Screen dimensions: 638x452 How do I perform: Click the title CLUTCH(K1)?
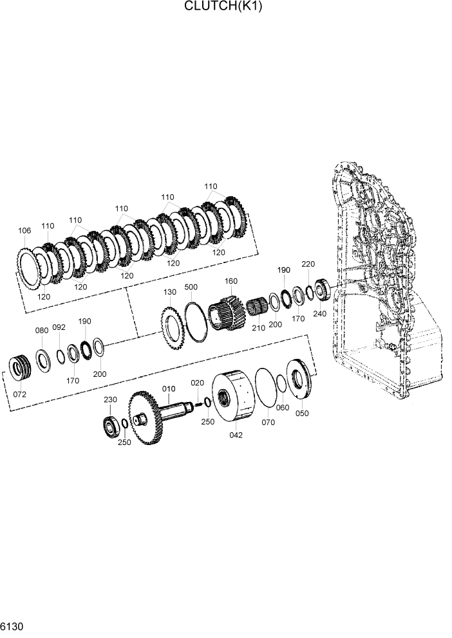coord(223,7)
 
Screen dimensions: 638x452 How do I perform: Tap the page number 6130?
coord(12,626)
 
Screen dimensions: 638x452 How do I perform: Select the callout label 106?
coord(24,230)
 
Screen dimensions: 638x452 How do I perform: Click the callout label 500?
coord(191,287)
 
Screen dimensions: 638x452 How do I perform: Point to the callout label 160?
coord(231,281)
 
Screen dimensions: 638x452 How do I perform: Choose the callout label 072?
coord(20,394)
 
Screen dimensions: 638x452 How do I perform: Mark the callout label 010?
coord(169,388)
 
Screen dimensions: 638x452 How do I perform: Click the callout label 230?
coord(111,399)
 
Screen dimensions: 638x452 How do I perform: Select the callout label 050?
coord(302,414)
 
